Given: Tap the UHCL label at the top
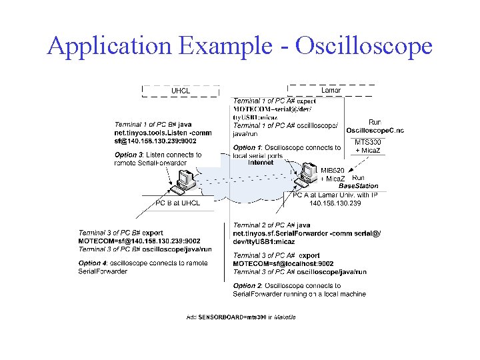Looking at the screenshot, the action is tap(181, 91).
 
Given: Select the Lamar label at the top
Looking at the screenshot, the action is tap(331, 90).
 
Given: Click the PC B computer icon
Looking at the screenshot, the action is tap(183, 179).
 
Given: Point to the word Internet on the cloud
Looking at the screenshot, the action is tap(261, 163).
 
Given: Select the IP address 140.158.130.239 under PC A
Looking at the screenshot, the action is tap(335, 203).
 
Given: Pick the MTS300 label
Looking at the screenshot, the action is tap(368, 142).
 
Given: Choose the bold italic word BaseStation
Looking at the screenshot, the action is tap(358, 186).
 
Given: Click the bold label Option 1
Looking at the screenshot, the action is tap(245, 148).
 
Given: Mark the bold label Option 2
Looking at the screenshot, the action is tap(245, 286).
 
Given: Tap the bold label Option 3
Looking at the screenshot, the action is tap(126, 155).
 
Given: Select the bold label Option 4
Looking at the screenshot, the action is tap(90, 263).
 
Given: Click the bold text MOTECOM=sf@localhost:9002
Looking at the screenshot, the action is tap(283, 264).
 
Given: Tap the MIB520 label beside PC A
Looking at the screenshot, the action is tap(333, 171).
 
